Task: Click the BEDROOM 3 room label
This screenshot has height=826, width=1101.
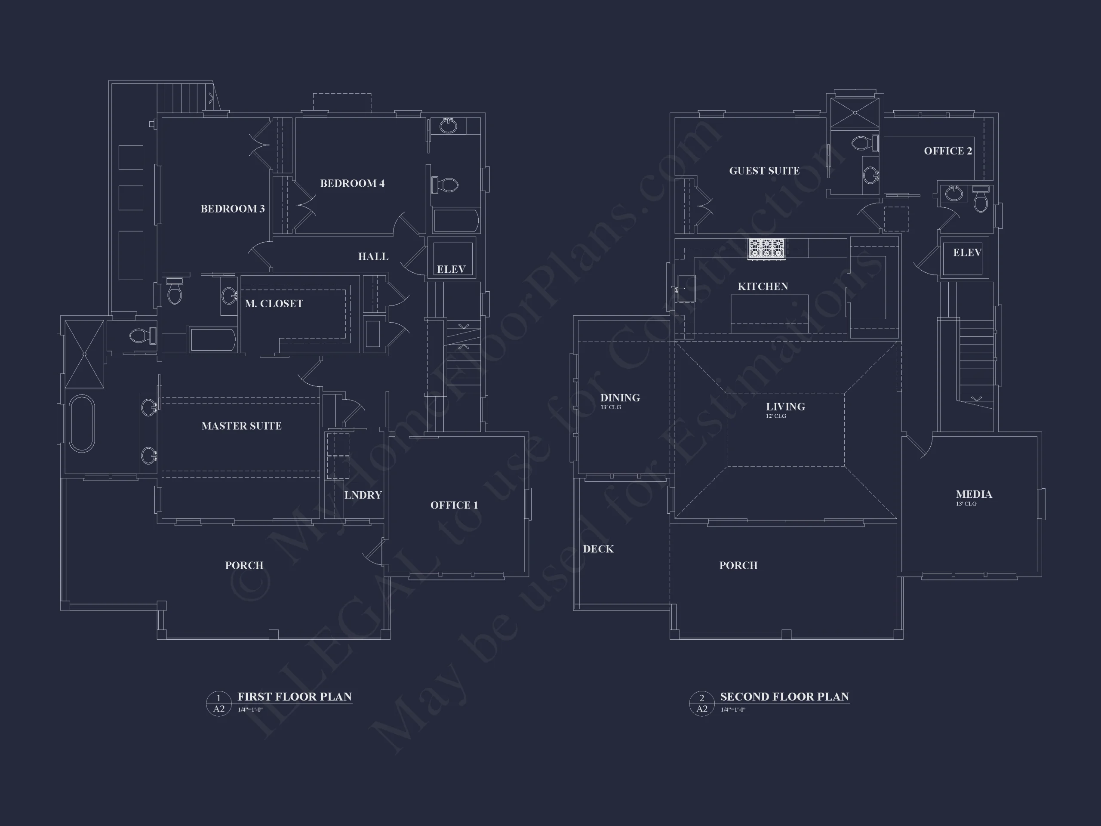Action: point(232,209)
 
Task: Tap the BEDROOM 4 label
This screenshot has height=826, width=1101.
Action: point(352,183)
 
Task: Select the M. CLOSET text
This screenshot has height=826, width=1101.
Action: point(274,303)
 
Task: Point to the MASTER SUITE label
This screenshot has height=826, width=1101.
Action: point(241,426)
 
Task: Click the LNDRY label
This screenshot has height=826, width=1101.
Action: point(363,495)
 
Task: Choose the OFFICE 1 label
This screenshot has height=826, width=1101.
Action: point(454,505)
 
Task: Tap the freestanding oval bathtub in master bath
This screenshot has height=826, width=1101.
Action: point(82,424)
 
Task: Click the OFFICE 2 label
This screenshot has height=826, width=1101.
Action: point(948,151)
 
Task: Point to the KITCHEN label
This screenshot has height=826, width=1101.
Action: point(763,286)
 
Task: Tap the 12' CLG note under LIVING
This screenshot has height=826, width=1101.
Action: point(776,416)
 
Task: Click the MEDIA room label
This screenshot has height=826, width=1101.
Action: point(974,494)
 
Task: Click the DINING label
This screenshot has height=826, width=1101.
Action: point(620,398)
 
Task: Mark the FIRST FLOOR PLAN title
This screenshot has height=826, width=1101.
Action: point(295,697)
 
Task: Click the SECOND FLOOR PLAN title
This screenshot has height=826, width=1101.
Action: point(785,697)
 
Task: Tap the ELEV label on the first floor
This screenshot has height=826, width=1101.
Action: point(451,269)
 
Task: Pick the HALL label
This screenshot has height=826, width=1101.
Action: point(373,256)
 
